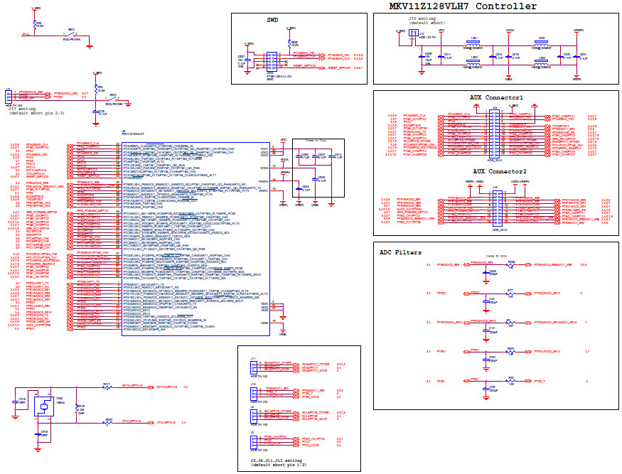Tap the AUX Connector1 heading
coord(496,97)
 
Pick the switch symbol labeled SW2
coord(71,34)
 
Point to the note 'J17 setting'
coord(24,109)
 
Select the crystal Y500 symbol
coord(43,406)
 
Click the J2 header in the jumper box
coord(254,442)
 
